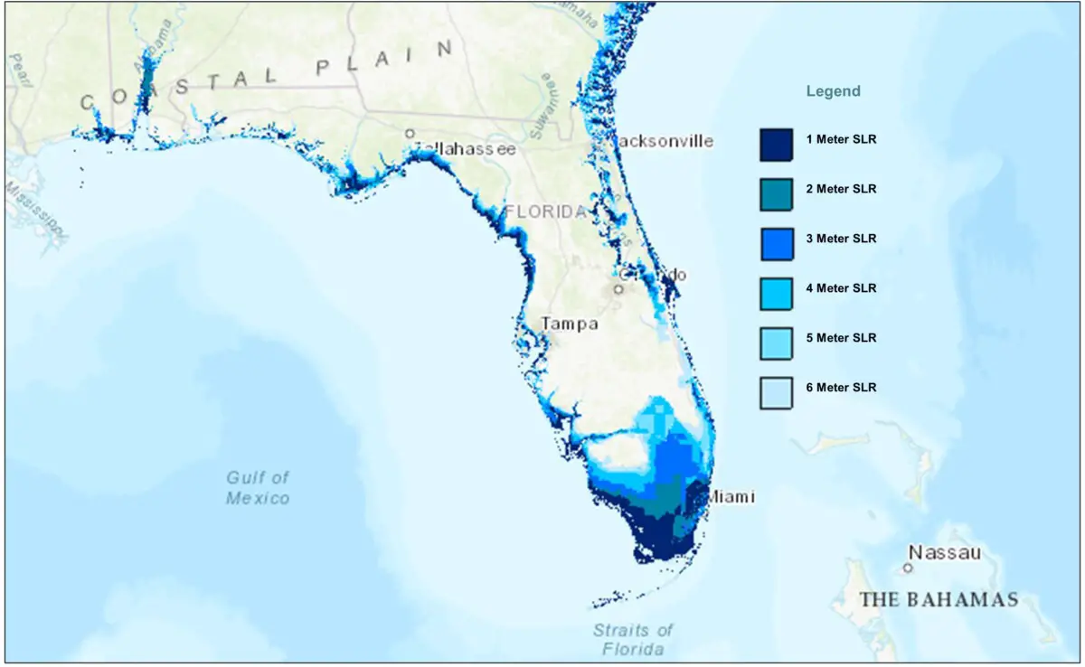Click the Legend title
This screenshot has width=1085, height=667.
click(x=833, y=91)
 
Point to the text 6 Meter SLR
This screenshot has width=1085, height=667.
click(x=841, y=388)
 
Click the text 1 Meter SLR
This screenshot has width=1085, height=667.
click(x=841, y=140)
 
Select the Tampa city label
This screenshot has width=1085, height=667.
click(x=569, y=324)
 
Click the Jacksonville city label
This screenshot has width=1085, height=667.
click(x=663, y=141)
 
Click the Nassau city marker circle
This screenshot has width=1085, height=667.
click(x=907, y=568)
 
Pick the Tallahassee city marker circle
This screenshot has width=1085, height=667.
click(x=410, y=133)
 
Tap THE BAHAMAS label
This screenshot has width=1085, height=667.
click(x=939, y=599)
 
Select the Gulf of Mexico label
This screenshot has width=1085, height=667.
click(x=259, y=487)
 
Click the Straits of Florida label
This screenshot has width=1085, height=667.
click(x=633, y=639)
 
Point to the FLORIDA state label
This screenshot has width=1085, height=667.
click(x=547, y=211)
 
